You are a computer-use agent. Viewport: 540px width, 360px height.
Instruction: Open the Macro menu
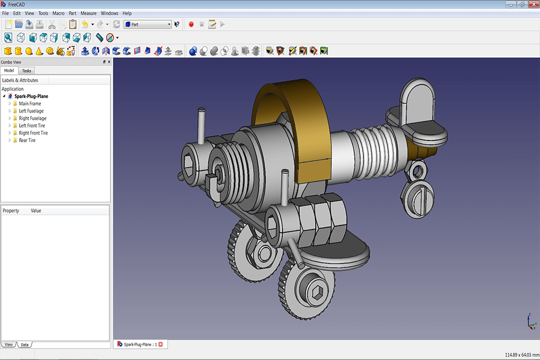click(58, 13)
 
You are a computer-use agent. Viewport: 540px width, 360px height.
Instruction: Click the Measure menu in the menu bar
click(88, 13)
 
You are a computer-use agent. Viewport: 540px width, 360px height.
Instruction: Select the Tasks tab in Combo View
click(26, 71)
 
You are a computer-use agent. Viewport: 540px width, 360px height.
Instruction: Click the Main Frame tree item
click(30, 103)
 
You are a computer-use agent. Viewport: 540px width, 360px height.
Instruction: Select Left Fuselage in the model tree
click(31, 111)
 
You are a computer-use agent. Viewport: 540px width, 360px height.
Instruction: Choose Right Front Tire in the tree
click(33, 133)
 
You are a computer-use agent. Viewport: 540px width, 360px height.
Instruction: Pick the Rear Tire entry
click(27, 141)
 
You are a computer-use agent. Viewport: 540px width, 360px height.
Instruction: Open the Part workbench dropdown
click(148, 24)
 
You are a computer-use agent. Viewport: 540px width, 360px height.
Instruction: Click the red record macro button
click(191, 24)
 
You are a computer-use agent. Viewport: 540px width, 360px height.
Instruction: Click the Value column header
click(36, 211)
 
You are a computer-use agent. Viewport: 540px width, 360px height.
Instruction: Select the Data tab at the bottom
click(25, 344)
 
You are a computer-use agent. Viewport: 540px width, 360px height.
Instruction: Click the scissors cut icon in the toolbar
click(52, 24)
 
